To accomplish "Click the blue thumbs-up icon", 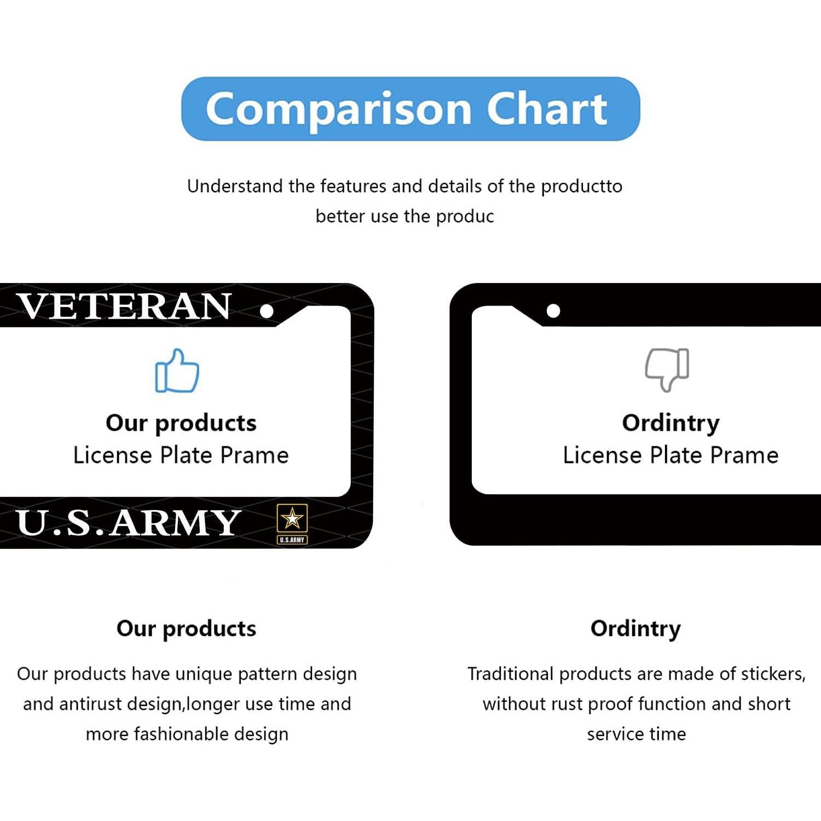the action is (177, 371).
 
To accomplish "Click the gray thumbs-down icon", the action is (667, 369).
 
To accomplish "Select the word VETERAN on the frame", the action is (124, 307).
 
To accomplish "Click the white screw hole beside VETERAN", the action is (267, 311).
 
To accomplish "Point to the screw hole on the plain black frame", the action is (553, 311).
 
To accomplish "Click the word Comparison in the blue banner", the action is (339, 109).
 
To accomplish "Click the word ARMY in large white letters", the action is (175, 523).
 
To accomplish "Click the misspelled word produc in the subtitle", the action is (465, 217).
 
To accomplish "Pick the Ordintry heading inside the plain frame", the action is (670, 423).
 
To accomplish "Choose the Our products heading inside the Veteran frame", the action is (181, 423).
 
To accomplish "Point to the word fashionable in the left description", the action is (181, 734).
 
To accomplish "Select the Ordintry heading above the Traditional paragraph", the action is (635, 629).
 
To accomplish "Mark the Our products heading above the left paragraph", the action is (186, 629).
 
